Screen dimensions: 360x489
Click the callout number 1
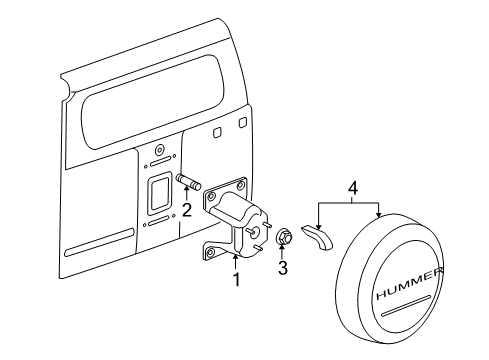(x=236, y=281)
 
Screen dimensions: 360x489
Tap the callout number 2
(x=186, y=210)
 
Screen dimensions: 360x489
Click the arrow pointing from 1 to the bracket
(x=236, y=263)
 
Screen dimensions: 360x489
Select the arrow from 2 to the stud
(x=186, y=197)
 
